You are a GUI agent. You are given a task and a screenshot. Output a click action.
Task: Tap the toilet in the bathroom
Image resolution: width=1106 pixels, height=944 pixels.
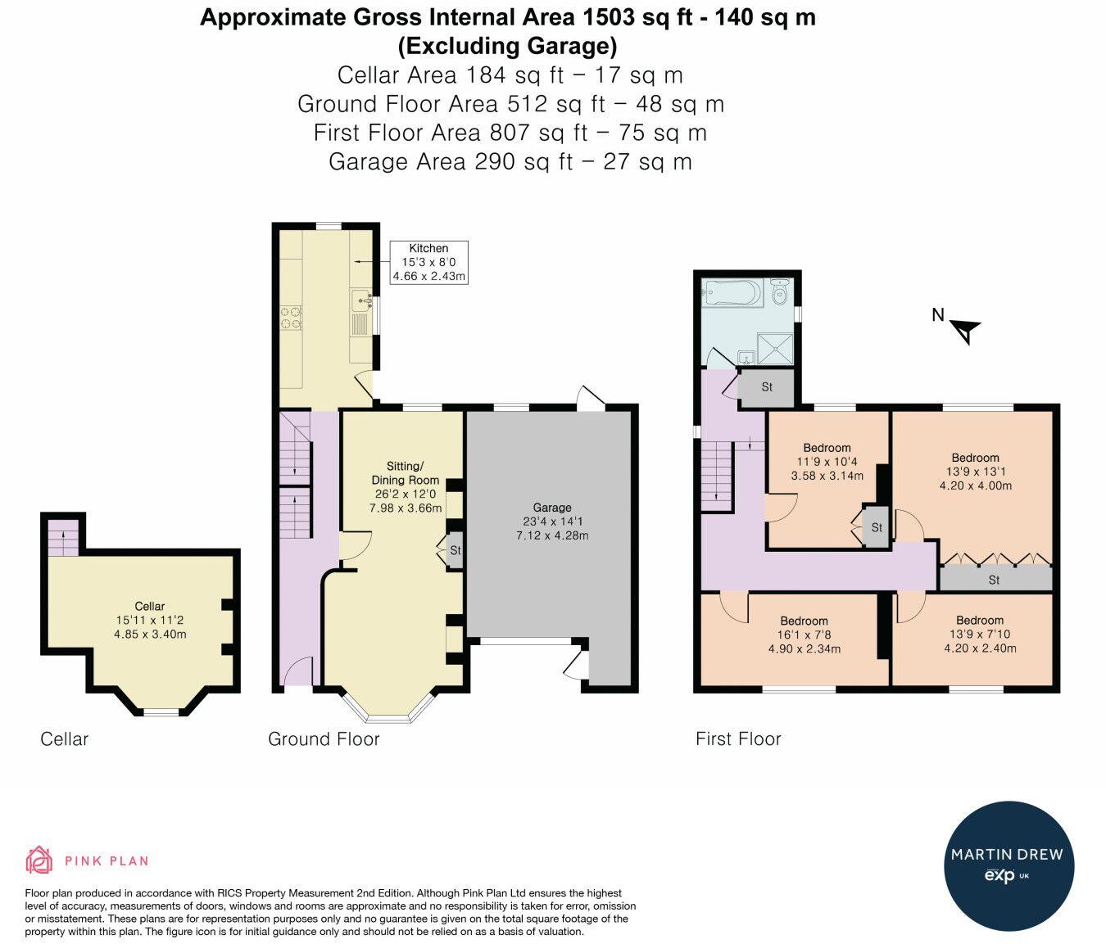click(x=780, y=291)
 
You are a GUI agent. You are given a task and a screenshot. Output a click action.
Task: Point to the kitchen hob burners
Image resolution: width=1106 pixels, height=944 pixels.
click(x=292, y=317)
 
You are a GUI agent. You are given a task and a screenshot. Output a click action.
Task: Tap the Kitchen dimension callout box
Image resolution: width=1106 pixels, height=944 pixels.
click(x=429, y=263)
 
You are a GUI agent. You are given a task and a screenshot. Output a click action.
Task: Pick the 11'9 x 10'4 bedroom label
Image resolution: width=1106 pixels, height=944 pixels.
click(x=827, y=462)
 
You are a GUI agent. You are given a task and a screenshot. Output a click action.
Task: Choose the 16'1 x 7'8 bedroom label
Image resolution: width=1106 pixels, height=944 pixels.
click(x=805, y=635)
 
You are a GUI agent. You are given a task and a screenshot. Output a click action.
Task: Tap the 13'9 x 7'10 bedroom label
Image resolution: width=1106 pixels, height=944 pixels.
click(x=980, y=635)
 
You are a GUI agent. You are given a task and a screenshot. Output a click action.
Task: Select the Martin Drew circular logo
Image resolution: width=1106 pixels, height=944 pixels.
click(x=1009, y=866)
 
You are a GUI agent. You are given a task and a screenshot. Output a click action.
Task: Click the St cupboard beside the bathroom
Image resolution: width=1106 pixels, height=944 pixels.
click(x=766, y=386)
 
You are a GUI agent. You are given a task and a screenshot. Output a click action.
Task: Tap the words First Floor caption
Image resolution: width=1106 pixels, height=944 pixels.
click(x=738, y=739)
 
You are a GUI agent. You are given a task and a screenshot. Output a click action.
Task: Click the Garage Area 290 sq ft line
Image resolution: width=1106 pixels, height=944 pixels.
click(x=510, y=161)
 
